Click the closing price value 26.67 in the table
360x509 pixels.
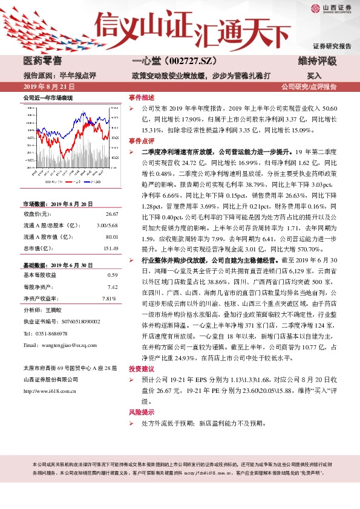[111, 215]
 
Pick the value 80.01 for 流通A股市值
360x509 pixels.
[111, 238]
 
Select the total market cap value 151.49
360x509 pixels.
[110, 249]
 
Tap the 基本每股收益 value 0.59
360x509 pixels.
[113, 274]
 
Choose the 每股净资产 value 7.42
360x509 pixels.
[113, 287]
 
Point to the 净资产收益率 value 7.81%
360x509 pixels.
[109, 299]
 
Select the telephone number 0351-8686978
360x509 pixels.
[51, 334]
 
